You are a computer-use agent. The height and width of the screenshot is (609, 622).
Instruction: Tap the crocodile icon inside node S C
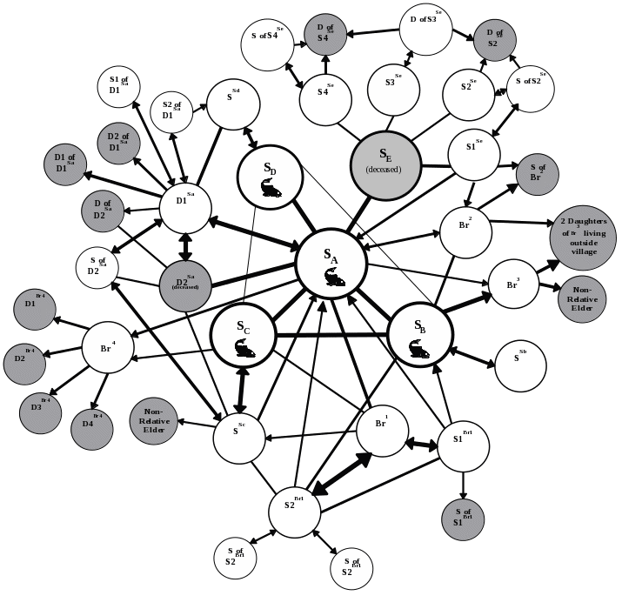tap(244, 351)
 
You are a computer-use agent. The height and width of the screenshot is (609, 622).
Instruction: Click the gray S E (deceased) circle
tap(385, 164)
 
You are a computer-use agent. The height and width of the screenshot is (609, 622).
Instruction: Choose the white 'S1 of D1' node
tap(120, 84)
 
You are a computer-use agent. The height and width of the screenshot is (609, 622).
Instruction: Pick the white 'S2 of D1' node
tap(171, 111)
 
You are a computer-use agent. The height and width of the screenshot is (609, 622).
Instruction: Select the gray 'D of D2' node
tap(106, 210)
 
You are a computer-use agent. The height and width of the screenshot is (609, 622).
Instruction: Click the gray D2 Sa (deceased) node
tap(185, 285)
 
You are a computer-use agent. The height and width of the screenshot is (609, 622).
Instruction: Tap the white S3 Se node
tap(392, 88)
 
